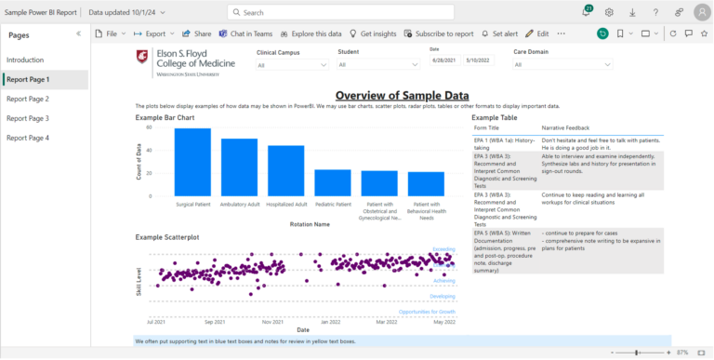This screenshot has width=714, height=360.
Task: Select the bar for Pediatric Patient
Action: click(x=332, y=182)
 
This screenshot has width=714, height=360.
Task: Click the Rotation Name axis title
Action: click(x=309, y=224)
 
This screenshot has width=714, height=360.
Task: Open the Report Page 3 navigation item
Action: click(x=28, y=118)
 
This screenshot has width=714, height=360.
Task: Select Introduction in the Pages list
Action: click(x=25, y=60)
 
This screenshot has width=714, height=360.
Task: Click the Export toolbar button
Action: click(x=154, y=33)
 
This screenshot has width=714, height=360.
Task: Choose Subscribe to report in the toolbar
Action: click(x=438, y=33)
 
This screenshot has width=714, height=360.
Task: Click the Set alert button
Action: click(x=499, y=33)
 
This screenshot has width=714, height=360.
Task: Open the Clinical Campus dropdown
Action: click(x=291, y=65)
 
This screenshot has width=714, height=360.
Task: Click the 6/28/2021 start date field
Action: click(x=443, y=60)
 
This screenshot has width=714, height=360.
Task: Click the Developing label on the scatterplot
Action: click(x=443, y=296)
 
